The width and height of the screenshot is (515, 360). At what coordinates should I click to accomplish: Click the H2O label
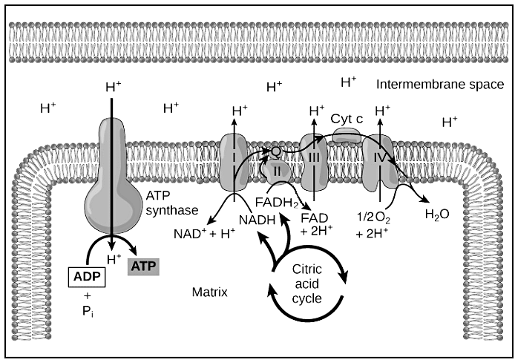coord(436,215)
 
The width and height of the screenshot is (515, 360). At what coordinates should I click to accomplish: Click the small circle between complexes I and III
coord(275,151)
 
